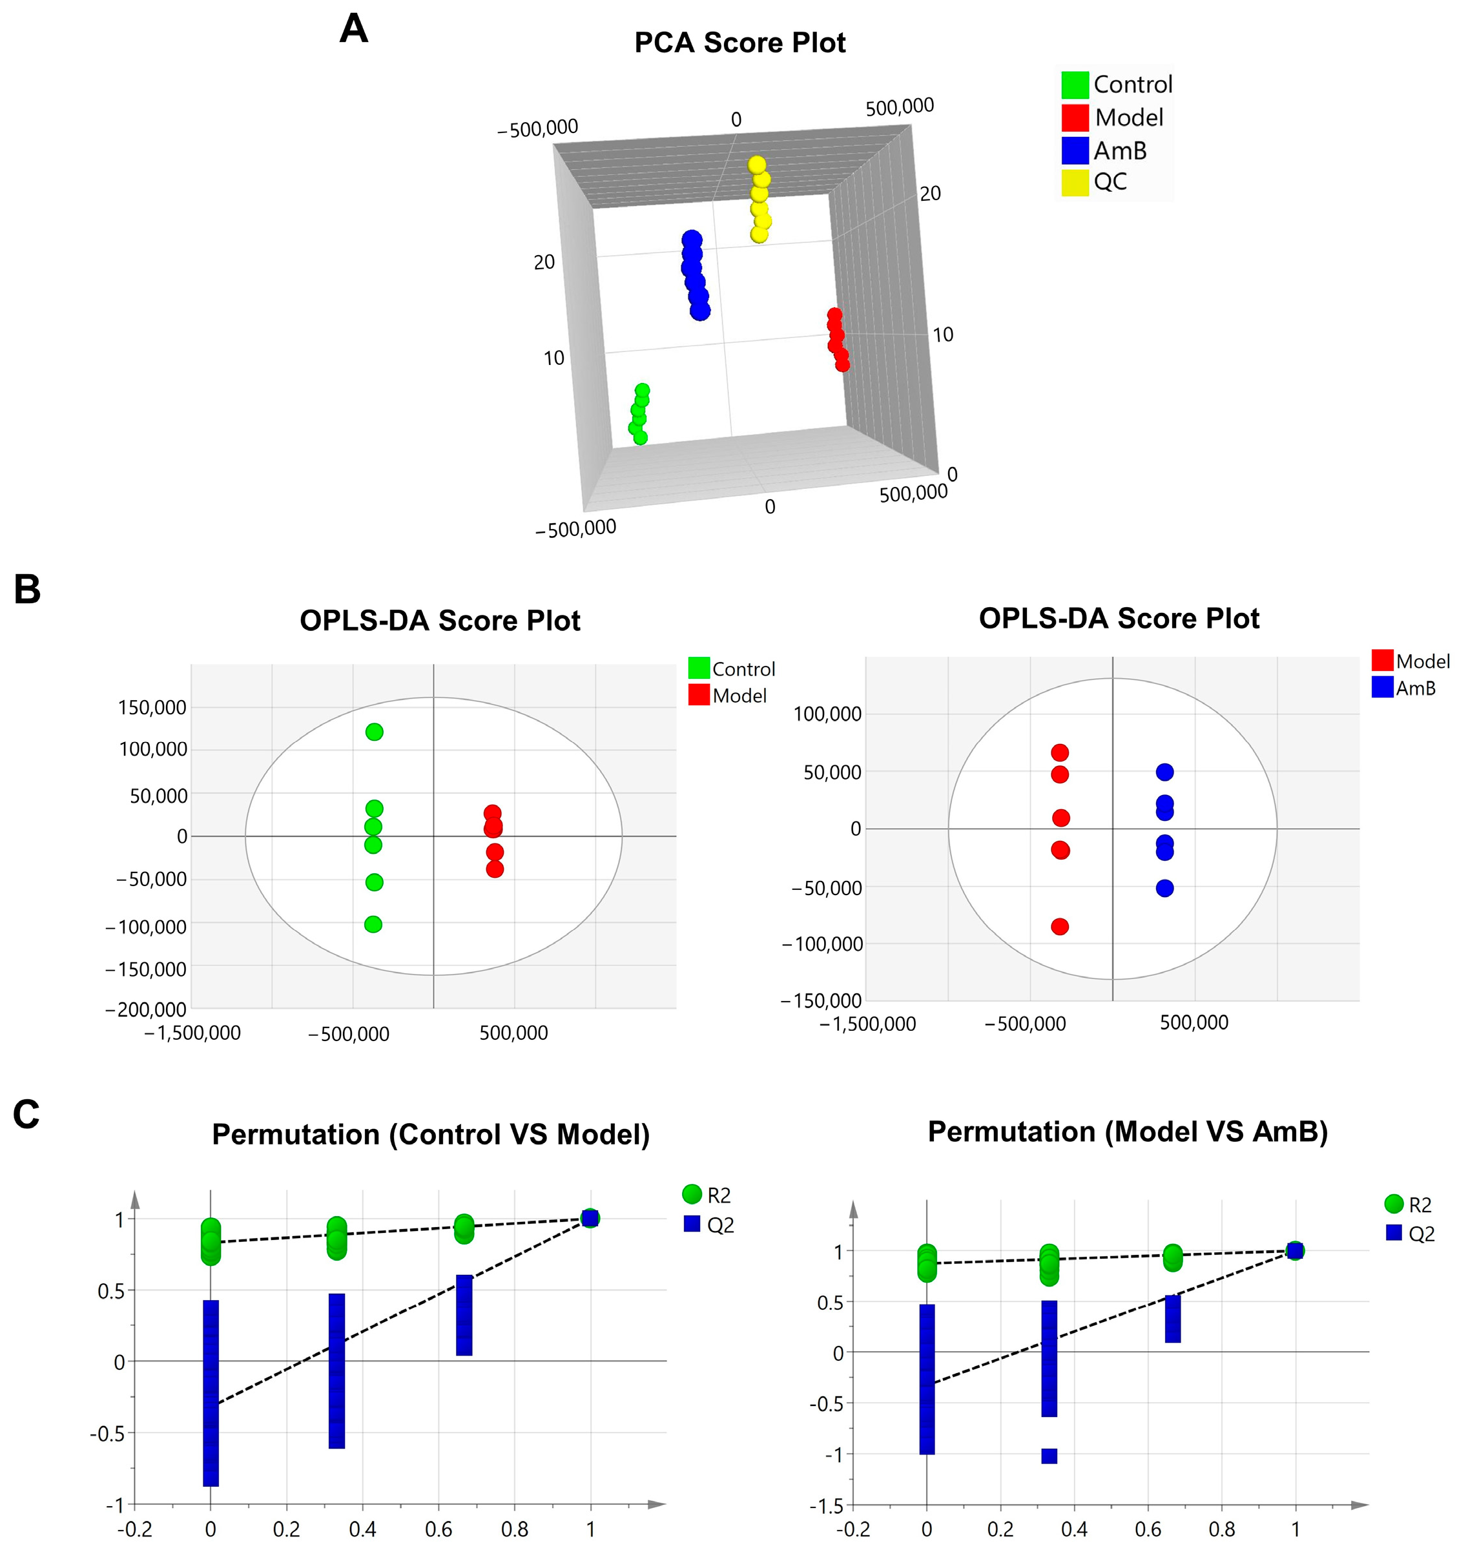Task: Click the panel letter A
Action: (353, 30)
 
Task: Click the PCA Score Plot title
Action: (739, 43)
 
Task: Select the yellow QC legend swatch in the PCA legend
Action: (1075, 182)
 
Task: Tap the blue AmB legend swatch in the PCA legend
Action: (1075, 150)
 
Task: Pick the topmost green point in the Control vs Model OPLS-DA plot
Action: (375, 732)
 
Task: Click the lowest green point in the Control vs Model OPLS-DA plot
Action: (374, 924)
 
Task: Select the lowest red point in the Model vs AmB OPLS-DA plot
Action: (1060, 927)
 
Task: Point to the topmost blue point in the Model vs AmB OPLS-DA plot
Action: (1165, 772)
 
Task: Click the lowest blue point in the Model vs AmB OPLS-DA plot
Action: (1165, 888)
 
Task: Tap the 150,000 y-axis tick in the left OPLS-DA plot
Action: (152, 707)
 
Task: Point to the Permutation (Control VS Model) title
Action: (431, 1135)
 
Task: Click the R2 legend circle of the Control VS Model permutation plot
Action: (692, 1194)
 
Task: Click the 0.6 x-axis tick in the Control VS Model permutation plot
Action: (439, 1529)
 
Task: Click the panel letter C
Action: (26, 1114)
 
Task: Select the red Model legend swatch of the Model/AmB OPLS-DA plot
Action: (1383, 660)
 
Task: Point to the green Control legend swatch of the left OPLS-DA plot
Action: (699, 668)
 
